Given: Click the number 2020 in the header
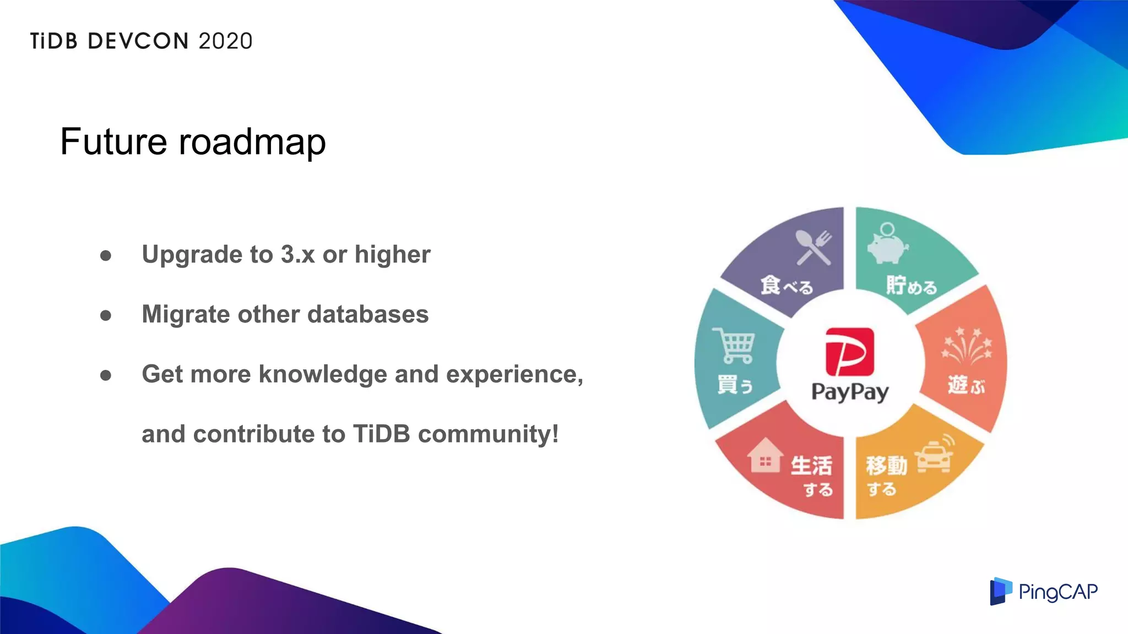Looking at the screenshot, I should pyautogui.click(x=225, y=41).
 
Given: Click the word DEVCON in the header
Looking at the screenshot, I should pyautogui.click(x=138, y=41).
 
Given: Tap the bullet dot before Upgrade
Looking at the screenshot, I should pyautogui.click(x=106, y=255).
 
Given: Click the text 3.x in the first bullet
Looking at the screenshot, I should pyautogui.click(x=297, y=254).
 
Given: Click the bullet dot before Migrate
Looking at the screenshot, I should pyautogui.click(x=106, y=315).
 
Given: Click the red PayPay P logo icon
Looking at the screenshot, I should pyautogui.click(x=849, y=351).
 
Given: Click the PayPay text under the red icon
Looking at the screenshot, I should pyautogui.click(x=850, y=392).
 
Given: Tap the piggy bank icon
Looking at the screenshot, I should pyautogui.click(x=887, y=244).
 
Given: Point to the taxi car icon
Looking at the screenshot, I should pyautogui.click(x=934, y=456).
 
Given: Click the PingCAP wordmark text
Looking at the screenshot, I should pyautogui.click(x=1057, y=592).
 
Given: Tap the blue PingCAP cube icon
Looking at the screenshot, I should pyautogui.click(x=1000, y=591).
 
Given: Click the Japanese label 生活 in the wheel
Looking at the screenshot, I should pyautogui.click(x=811, y=466).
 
